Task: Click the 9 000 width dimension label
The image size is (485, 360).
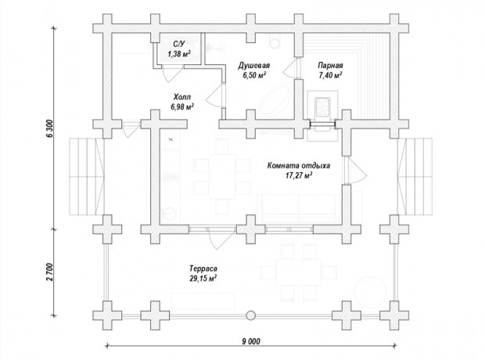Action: (x=251, y=341)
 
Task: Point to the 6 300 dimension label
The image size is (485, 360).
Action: (x=51, y=128)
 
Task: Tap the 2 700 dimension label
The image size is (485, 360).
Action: (x=50, y=272)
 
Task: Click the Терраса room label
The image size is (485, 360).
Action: (x=203, y=268)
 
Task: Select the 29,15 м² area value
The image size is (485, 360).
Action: (x=203, y=279)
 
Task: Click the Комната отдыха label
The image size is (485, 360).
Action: (x=299, y=165)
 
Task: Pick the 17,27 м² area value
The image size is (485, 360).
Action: (x=299, y=175)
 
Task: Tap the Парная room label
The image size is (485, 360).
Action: (x=330, y=66)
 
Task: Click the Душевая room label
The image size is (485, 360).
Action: (x=254, y=66)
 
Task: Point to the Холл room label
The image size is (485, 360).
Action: (x=182, y=96)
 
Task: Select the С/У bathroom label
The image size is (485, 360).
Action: (x=179, y=44)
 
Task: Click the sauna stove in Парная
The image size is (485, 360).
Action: (x=322, y=107)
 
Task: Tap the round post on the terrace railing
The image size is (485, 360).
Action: (x=251, y=315)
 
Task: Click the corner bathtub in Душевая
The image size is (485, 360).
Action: (x=274, y=100)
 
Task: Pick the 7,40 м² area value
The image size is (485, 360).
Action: (x=330, y=75)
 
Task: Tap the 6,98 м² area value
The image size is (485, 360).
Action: (x=182, y=106)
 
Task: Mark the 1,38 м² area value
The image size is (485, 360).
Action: (x=179, y=54)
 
